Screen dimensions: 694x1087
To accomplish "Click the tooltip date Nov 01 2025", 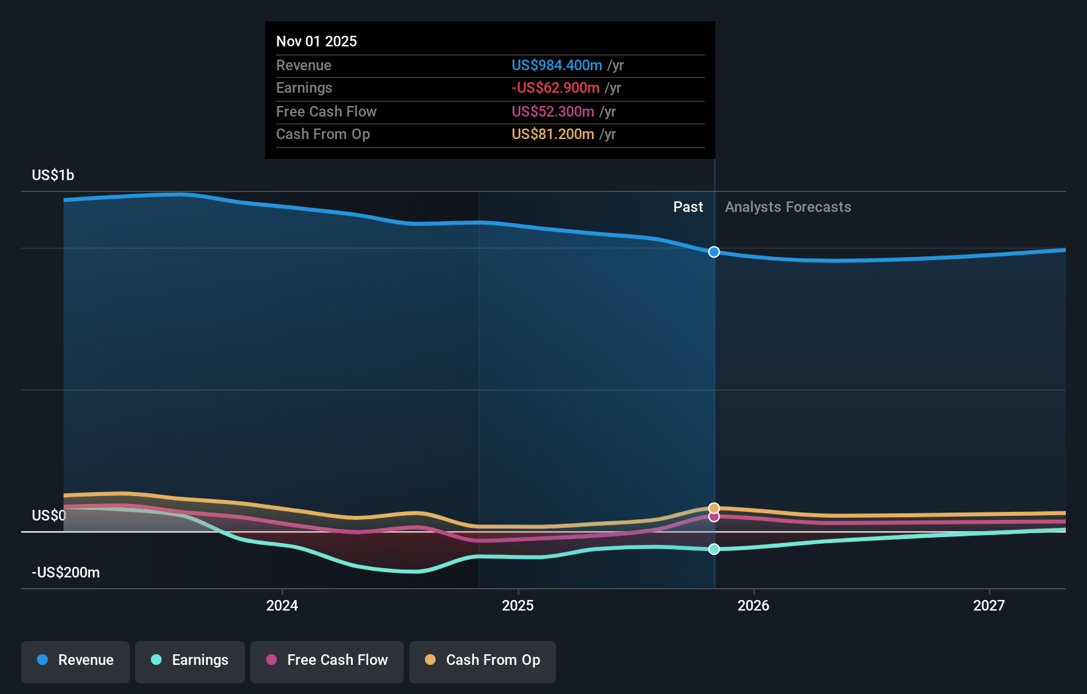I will pyautogui.click(x=316, y=41).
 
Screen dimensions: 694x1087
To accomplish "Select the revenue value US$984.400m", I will pyautogui.click(x=556, y=65).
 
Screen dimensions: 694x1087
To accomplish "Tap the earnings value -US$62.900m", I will pyautogui.click(x=555, y=87).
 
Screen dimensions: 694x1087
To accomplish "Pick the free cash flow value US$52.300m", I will pyautogui.click(x=552, y=111).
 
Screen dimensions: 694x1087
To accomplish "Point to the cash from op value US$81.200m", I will pyautogui.click(x=552, y=134).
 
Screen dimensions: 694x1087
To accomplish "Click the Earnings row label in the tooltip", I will pyautogui.click(x=304, y=87).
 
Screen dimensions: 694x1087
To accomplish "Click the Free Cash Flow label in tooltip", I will pyautogui.click(x=326, y=111).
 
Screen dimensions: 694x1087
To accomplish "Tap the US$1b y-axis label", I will pyautogui.click(x=53, y=175).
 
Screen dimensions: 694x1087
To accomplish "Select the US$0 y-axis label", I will pyautogui.click(x=48, y=515).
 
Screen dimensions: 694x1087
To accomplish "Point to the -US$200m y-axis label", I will pyautogui.click(x=66, y=572).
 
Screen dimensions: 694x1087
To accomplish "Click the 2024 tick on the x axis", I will pyautogui.click(x=282, y=605).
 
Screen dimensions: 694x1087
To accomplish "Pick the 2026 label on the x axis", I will pyautogui.click(x=753, y=605).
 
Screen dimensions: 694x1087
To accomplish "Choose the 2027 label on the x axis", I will pyautogui.click(x=988, y=605).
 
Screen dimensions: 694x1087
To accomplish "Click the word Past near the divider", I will pyautogui.click(x=688, y=207).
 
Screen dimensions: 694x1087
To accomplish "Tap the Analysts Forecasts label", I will pyautogui.click(x=788, y=207).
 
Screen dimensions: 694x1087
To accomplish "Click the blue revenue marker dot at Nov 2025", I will pyautogui.click(x=714, y=252).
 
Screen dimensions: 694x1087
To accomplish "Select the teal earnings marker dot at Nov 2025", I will pyautogui.click(x=714, y=549).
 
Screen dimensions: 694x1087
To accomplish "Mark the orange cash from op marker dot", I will pyautogui.click(x=714, y=508).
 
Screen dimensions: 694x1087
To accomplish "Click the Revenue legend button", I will pyautogui.click(x=75, y=660).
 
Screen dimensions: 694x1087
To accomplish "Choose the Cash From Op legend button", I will pyautogui.click(x=483, y=660).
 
